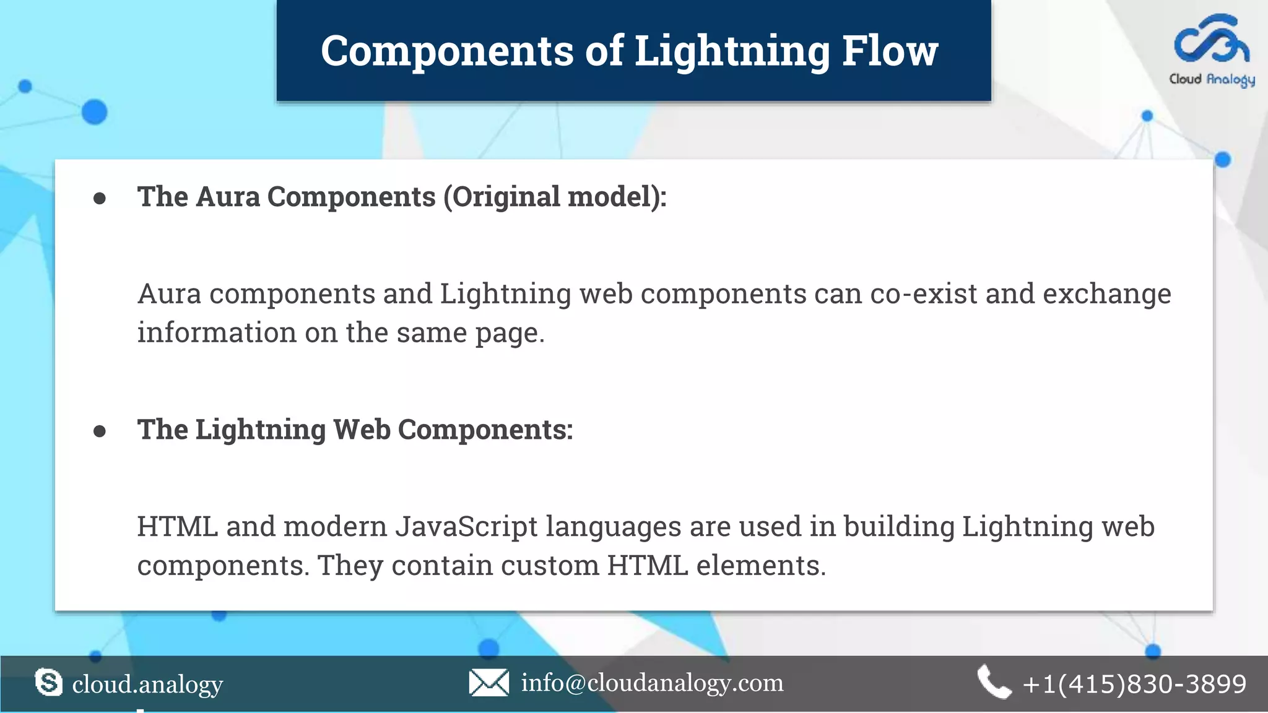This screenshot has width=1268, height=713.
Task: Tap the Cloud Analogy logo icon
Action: click(1212, 40)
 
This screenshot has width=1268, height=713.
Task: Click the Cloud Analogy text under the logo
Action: click(1212, 79)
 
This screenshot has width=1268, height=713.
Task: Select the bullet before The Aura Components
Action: click(100, 198)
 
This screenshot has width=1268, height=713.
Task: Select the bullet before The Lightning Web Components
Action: click(100, 431)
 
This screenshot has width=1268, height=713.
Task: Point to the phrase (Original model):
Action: click(555, 197)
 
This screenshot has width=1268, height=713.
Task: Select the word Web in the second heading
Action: click(362, 430)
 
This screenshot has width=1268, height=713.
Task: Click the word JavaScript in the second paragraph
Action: click(466, 527)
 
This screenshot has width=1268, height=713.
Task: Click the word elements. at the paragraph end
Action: click(761, 566)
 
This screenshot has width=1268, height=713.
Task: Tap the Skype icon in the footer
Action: click(49, 683)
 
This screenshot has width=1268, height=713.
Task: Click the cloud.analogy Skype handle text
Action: click(147, 684)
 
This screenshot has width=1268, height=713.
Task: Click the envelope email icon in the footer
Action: click(489, 683)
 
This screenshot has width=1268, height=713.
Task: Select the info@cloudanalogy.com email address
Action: click(652, 683)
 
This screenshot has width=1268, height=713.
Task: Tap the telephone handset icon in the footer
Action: click(994, 683)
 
